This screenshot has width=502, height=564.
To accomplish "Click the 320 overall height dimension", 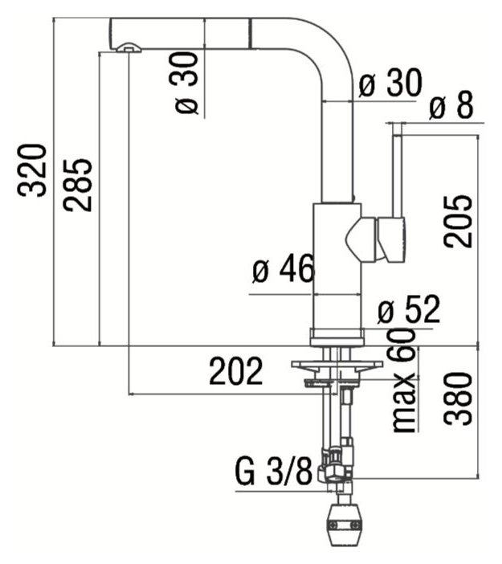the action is click(x=32, y=170).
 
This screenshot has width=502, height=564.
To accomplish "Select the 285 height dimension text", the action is click(x=78, y=185).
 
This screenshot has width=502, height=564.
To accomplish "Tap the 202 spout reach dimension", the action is click(x=236, y=371).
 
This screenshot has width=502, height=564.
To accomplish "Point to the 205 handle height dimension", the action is click(x=457, y=222).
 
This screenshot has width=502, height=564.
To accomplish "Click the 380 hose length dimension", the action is click(x=457, y=398).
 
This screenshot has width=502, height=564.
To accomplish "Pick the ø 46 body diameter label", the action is click(x=284, y=268).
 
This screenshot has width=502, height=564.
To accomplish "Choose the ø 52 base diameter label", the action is click(x=409, y=309).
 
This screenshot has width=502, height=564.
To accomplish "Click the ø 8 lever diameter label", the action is click(x=451, y=105).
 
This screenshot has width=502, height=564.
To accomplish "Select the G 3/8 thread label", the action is click(x=274, y=471).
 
